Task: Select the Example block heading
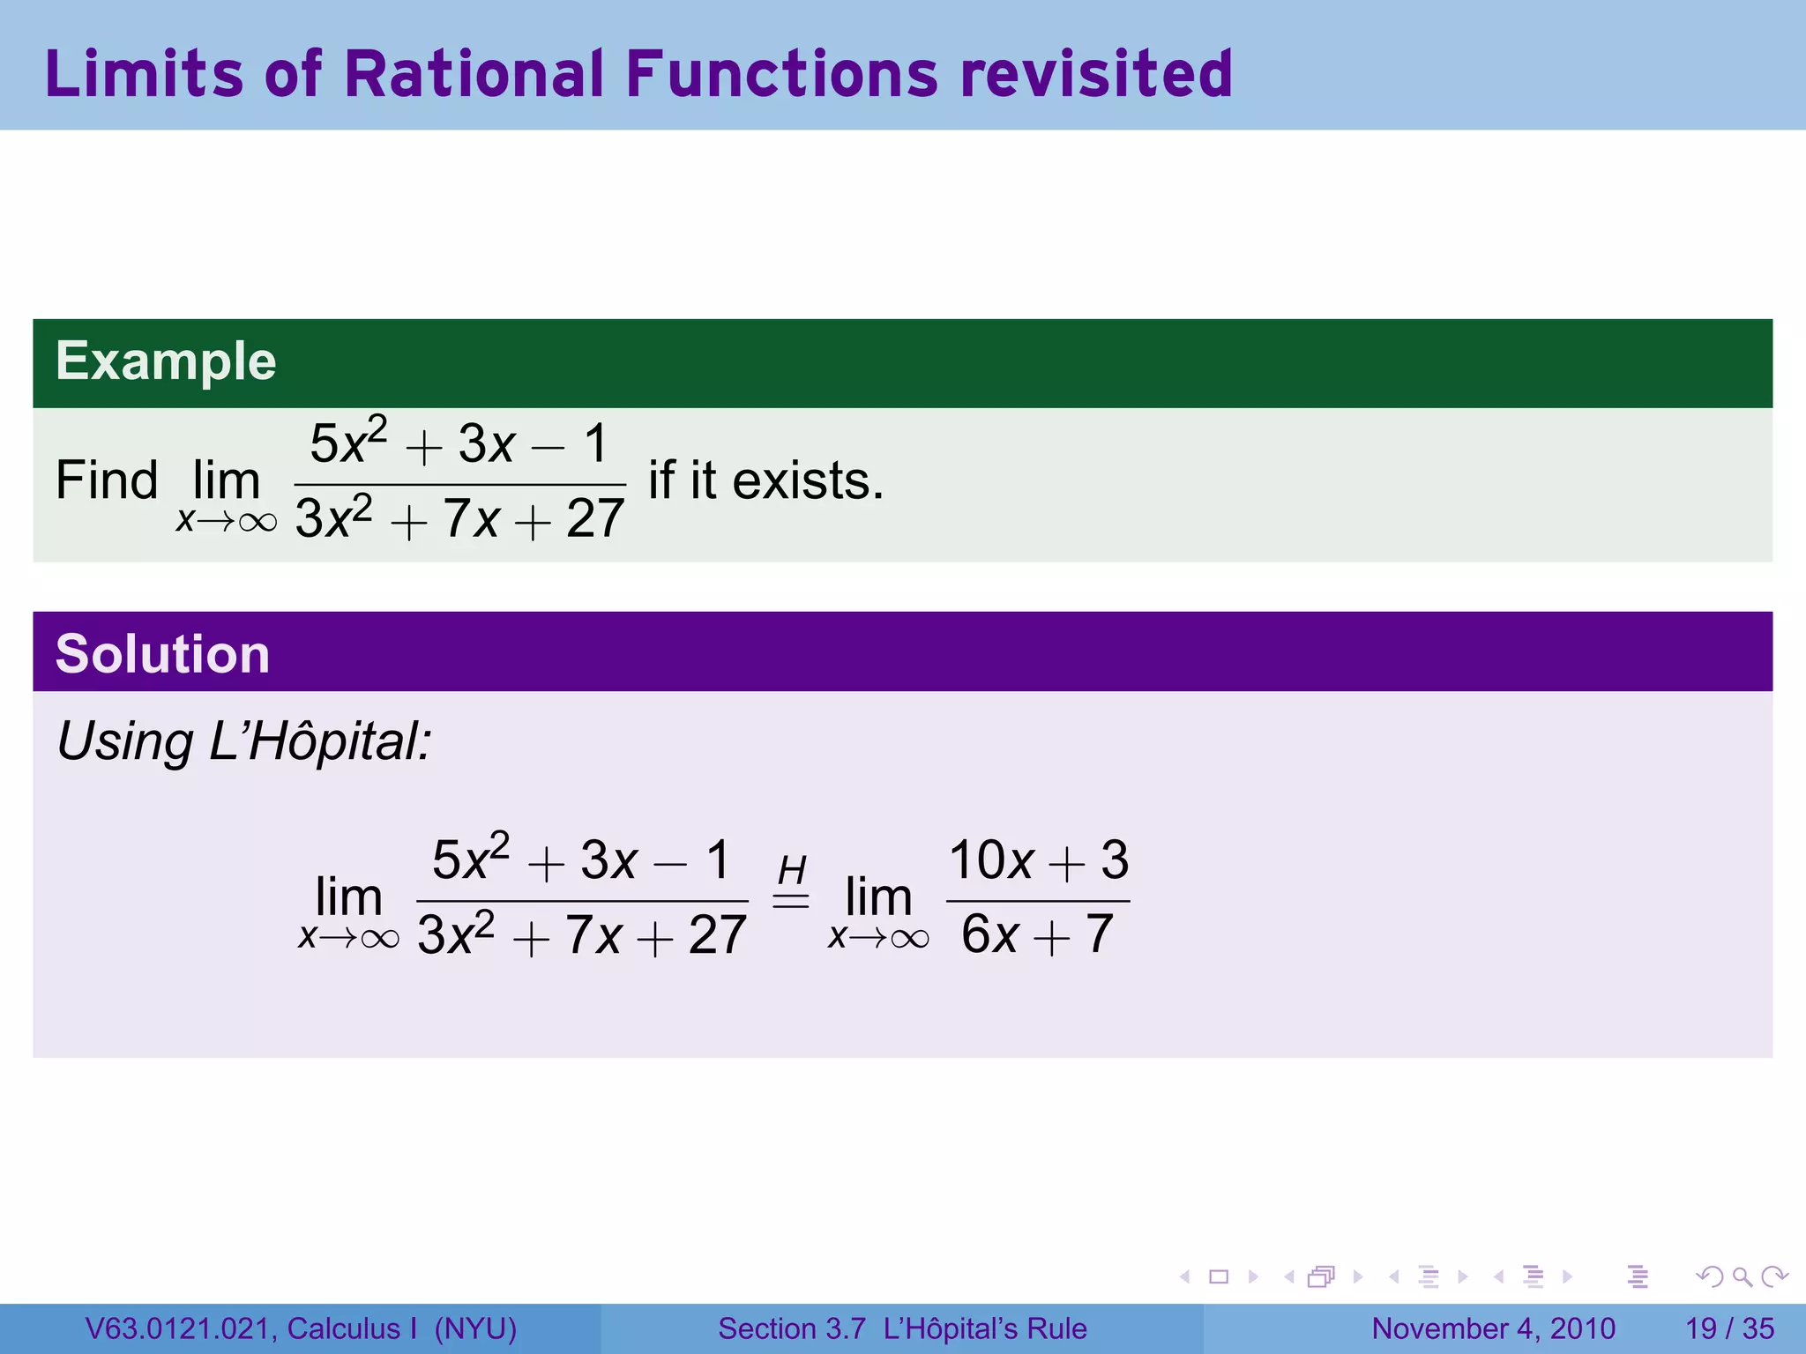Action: [166, 361]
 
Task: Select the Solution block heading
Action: [162, 654]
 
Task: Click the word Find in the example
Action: [107, 481]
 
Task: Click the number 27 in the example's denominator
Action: [595, 519]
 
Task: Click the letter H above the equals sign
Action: [791, 871]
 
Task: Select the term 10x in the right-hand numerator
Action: [990, 860]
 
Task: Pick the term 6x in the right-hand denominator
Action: [989, 935]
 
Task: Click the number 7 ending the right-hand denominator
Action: [1100, 934]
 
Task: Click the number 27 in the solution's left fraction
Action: [717, 935]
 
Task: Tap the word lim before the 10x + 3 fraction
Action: [877, 897]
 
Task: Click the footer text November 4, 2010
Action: [1493, 1328]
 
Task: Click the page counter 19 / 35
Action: [1729, 1328]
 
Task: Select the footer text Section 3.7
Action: [791, 1328]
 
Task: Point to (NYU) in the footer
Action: [475, 1328]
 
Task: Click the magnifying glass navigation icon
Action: [1742, 1276]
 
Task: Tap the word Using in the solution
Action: [124, 741]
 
